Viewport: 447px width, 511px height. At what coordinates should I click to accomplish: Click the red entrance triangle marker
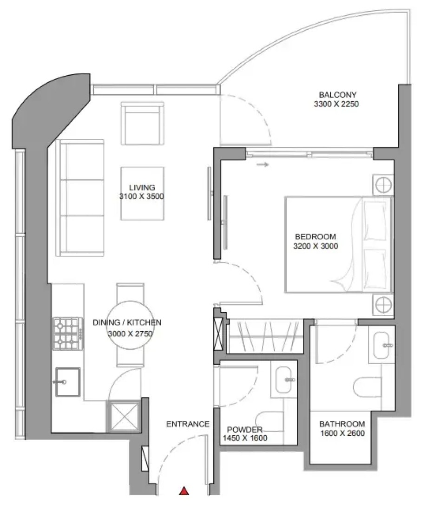(x=184, y=491)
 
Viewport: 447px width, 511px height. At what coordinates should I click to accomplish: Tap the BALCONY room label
(x=337, y=95)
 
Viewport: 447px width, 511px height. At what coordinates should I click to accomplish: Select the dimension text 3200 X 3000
(x=316, y=246)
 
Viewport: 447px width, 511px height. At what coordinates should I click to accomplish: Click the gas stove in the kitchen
(x=68, y=334)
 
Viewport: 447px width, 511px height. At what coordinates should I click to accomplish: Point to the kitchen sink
(x=68, y=382)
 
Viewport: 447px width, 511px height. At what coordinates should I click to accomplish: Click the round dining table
(x=130, y=325)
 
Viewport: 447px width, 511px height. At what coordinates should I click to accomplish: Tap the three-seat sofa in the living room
(x=80, y=198)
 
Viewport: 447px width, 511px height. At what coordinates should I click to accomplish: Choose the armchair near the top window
(x=143, y=123)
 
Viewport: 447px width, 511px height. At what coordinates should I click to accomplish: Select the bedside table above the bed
(x=383, y=185)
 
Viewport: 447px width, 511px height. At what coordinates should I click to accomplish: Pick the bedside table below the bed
(x=383, y=305)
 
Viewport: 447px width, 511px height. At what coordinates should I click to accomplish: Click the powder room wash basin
(x=283, y=380)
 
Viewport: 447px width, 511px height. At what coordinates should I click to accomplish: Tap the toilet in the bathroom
(x=368, y=387)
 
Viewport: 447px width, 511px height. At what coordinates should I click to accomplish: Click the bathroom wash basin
(x=382, y=345)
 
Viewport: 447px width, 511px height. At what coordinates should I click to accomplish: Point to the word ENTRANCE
(x=188, y=424)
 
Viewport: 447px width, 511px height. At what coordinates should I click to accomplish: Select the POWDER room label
(x=244, y=430)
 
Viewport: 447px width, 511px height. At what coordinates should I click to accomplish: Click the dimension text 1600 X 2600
(x=342, y=433)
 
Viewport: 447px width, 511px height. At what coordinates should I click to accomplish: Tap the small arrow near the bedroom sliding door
(x=263, y=164)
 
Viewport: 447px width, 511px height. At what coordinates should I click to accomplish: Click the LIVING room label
(x=142, y=187)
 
